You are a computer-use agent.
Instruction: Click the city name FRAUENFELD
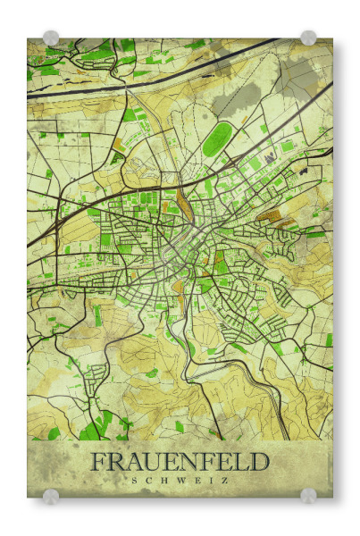point(180,462)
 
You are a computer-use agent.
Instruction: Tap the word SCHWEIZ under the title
point(180,480)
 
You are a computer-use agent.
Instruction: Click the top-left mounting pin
point(51,38)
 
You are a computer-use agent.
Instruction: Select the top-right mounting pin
point(308,38)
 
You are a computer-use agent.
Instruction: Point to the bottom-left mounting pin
point(51,496)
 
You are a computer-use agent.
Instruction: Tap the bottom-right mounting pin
point(308,496)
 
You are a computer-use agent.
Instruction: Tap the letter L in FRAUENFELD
point(240,462)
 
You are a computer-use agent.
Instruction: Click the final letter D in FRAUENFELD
point(258,462)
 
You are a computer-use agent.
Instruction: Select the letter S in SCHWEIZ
point(135,480)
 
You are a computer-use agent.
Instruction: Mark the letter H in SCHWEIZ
point(165,480)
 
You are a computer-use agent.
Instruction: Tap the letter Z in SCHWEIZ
point(224,480)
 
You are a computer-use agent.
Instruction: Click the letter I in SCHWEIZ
point(211,480)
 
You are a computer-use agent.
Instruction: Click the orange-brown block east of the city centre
point(268,214)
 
